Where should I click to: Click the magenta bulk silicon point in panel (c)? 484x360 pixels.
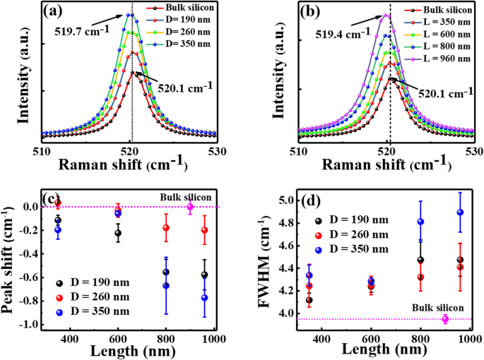190,207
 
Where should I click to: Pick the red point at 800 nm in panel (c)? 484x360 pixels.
167,228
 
